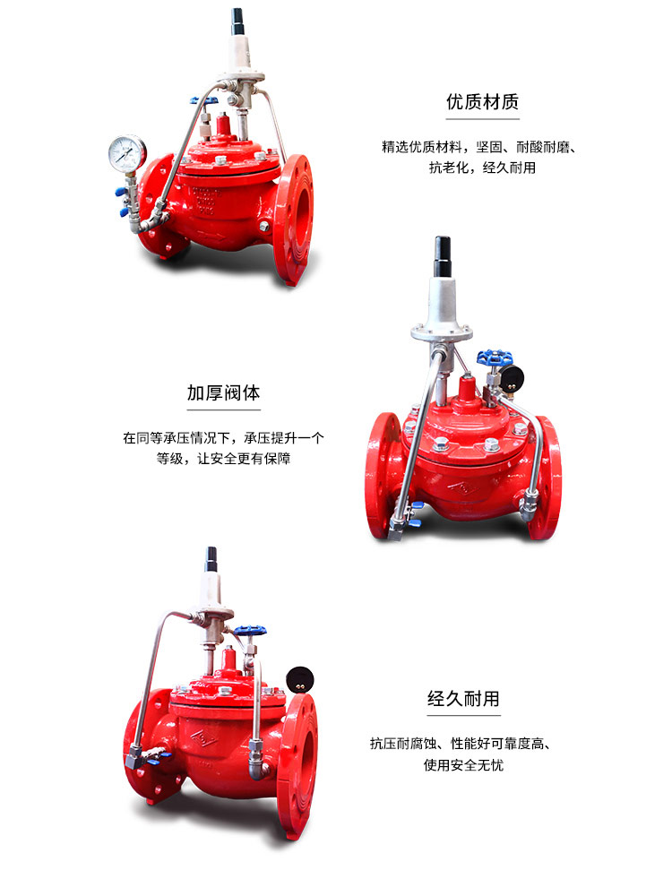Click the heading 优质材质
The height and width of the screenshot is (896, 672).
point(482,101)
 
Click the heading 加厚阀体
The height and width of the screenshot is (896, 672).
point(224,393)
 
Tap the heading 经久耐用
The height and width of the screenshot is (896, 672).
point(463,699)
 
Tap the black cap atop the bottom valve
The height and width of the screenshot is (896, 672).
point(212,560)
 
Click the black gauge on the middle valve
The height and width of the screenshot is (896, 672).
point(513,376)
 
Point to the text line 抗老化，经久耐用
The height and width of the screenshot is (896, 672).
point(482,168)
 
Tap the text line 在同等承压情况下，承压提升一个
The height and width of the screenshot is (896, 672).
point(224,439)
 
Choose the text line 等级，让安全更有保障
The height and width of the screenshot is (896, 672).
point(224,459)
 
